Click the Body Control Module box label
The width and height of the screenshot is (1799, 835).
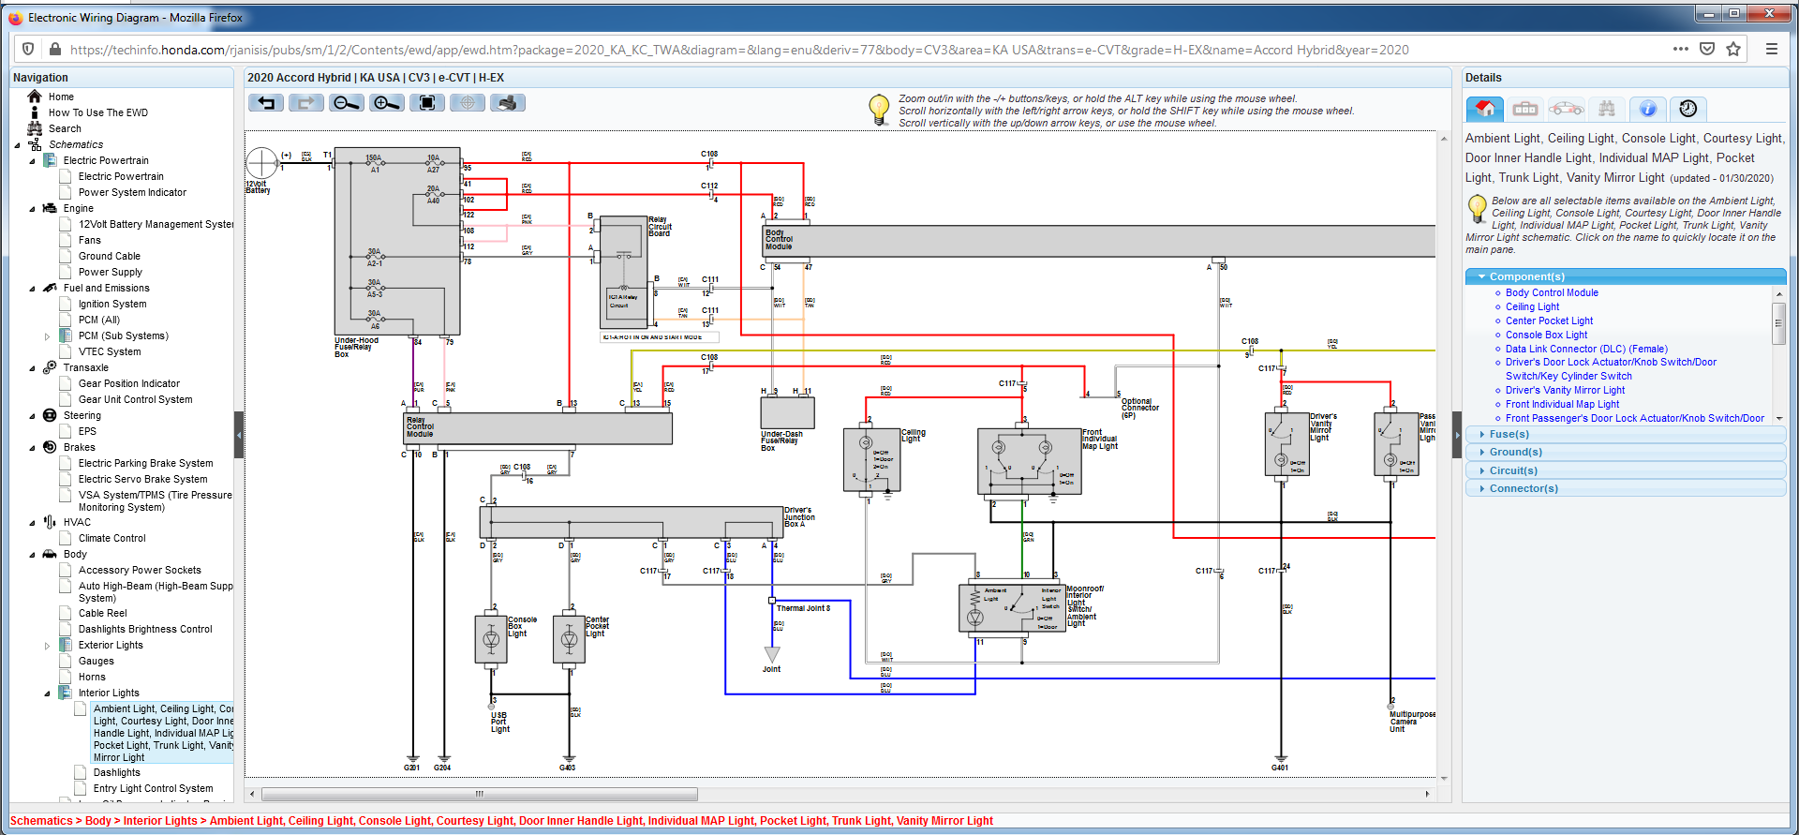779,240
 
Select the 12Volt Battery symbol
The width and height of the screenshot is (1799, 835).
261,163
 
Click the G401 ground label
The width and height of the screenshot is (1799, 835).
1279,768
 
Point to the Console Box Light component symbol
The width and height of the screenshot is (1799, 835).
491,640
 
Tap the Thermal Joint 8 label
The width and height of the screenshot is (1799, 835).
803,608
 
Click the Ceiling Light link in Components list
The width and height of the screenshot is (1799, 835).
1532,306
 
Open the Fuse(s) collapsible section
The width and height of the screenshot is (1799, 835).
1509,434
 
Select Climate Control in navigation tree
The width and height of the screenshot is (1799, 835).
112,538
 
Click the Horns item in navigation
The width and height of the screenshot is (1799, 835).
92,677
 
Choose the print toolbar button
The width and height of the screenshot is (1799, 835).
507,103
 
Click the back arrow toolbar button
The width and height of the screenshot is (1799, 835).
266,103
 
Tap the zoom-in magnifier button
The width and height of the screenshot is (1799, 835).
386,103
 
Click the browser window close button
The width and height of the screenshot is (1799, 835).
1768,13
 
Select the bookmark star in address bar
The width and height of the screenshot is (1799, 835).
1732,50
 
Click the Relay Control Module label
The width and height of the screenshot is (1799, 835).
420,427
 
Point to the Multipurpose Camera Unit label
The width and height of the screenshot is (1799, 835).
1410,721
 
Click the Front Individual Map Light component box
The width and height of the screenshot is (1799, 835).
1028,460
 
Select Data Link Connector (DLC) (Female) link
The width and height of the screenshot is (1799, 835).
1585,349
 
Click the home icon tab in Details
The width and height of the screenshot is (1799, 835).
1484,109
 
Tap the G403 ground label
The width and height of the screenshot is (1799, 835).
567,768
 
